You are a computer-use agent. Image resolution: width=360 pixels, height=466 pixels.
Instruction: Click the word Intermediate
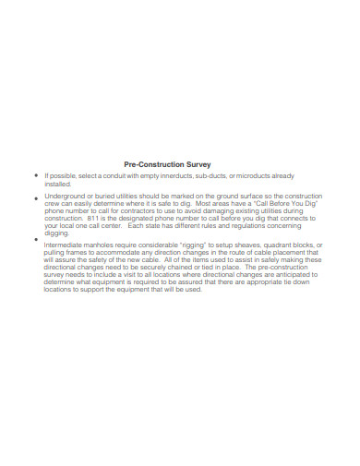point(66,245)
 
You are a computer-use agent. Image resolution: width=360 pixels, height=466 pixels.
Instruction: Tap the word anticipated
point(298,276)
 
